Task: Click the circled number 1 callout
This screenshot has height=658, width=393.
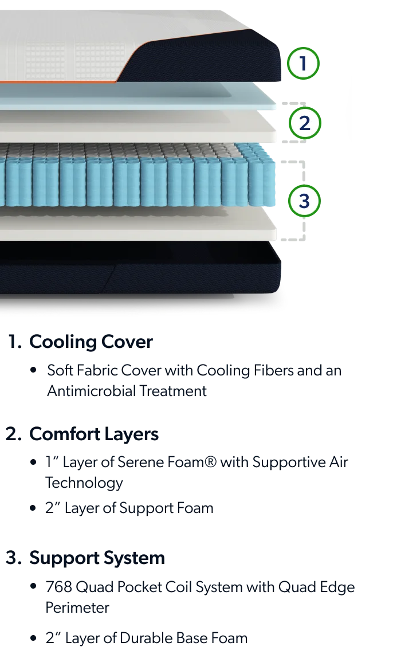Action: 303,64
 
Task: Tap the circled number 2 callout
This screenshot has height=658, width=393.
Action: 305,123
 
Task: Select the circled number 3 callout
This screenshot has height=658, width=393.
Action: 304,201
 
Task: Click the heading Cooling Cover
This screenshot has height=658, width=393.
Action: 91,342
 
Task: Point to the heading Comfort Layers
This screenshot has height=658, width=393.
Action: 94,434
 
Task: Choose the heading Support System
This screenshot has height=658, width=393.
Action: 97,558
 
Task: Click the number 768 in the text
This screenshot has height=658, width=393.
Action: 58,587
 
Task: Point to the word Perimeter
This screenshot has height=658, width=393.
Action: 77,608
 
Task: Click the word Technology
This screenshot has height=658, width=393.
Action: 84,483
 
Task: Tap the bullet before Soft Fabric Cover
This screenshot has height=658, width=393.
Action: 34,371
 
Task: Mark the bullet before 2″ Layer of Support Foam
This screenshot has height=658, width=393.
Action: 34,508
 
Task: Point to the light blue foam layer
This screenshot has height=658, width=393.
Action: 139,96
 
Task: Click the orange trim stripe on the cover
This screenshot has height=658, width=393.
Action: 58,83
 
